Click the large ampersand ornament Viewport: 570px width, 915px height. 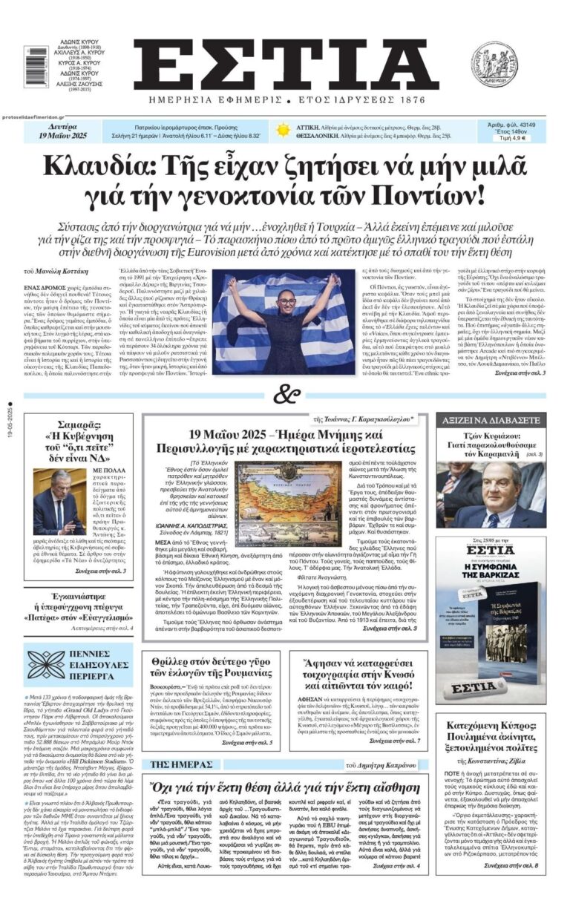click(x=284, y=394)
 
